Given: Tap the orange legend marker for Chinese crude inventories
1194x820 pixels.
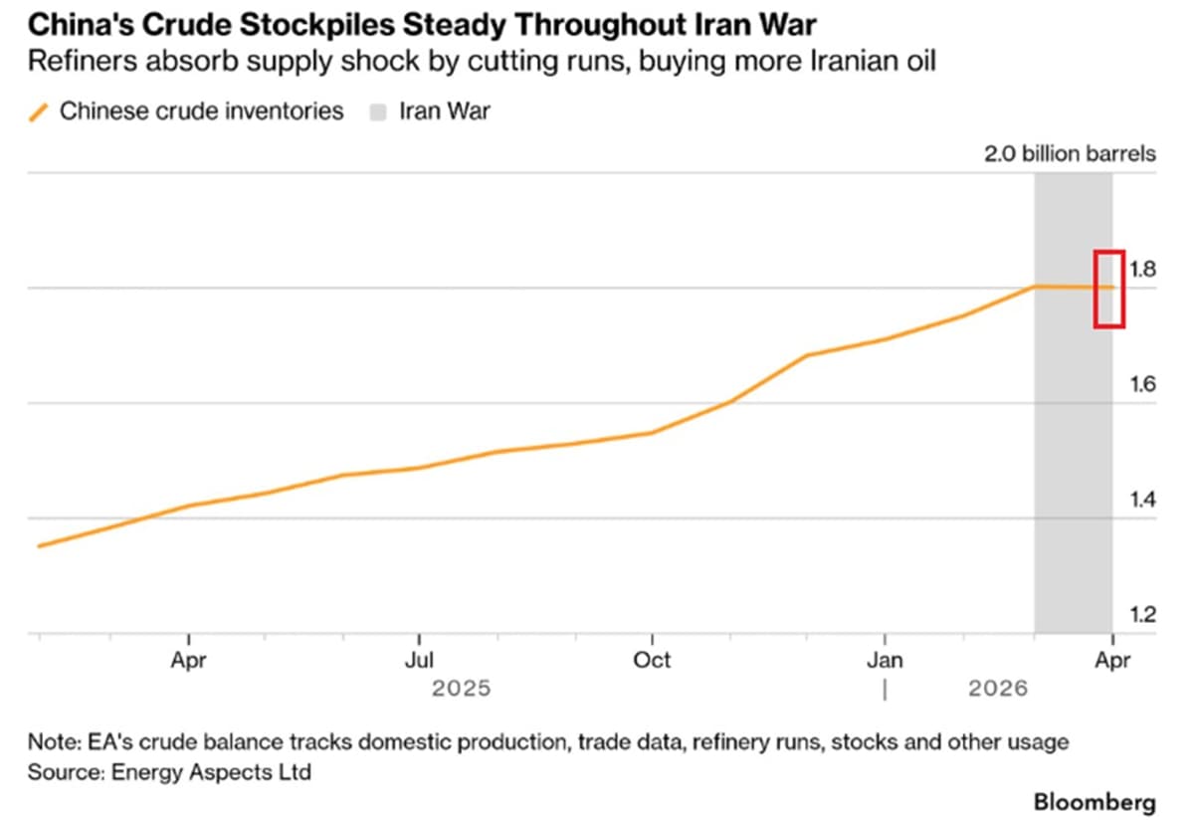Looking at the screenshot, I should point(39,111).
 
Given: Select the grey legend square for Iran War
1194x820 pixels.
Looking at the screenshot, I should point(377,111).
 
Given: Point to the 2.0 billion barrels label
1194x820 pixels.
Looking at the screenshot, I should point(1070,154).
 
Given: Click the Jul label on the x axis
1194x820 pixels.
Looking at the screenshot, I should point(420,660).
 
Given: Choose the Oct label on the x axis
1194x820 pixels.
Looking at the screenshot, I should point(652,660).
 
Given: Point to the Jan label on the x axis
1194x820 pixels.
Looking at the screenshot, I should point(885,660).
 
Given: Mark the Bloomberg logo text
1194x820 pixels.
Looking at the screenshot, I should point(1094,801).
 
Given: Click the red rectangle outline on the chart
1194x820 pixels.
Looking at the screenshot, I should point(1109,289).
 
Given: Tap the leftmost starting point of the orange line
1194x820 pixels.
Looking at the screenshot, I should point(39,545).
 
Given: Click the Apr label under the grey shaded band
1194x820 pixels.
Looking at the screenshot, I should point(1111,660).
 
